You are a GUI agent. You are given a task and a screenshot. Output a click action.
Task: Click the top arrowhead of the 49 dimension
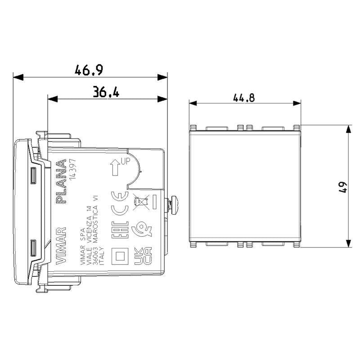pyautogui.click(x=348, y=129)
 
